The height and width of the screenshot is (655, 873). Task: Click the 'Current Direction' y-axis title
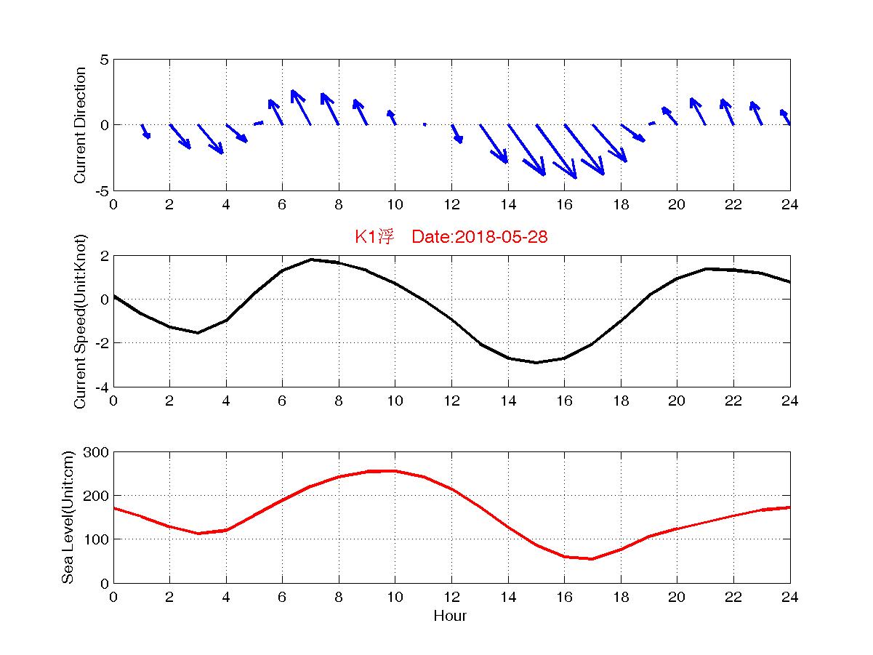81,125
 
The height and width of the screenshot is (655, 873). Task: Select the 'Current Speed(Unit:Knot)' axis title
81,321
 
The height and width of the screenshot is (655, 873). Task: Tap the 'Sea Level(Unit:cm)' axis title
68,518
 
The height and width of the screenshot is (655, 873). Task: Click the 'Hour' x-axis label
450,616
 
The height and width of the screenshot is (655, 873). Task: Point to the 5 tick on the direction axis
104,60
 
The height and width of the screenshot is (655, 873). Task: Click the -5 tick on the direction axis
101,190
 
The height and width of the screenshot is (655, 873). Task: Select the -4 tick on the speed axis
101,387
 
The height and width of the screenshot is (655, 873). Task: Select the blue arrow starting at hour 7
301,108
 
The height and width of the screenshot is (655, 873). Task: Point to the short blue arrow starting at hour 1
145,132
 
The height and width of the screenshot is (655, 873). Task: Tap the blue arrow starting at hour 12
456,134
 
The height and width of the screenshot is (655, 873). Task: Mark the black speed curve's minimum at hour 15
536,362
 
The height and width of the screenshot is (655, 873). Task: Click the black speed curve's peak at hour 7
310,260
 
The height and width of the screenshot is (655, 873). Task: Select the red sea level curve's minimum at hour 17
592,558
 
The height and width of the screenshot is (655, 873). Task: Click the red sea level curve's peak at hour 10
395,471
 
